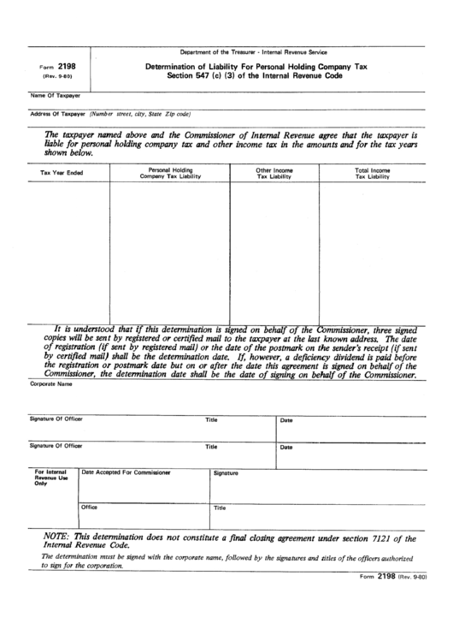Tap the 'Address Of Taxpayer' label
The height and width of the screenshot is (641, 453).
pos(58,114)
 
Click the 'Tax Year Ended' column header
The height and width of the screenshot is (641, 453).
pos(62,173)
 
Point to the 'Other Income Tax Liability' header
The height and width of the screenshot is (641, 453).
pos(274,173)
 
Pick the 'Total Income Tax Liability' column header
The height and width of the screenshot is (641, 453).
pos(372,173)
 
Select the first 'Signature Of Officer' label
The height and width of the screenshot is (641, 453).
pos(56,420)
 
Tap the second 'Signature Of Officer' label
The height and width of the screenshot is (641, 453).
pos(56,446)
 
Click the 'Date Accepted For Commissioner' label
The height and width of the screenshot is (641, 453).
pos(126,472)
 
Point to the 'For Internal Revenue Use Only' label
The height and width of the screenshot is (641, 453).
pos(50,478)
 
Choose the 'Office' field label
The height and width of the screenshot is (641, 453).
pos(90,507)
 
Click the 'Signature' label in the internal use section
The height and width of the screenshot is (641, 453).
pos(226,472)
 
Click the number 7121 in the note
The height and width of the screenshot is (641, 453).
pos(383,538)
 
